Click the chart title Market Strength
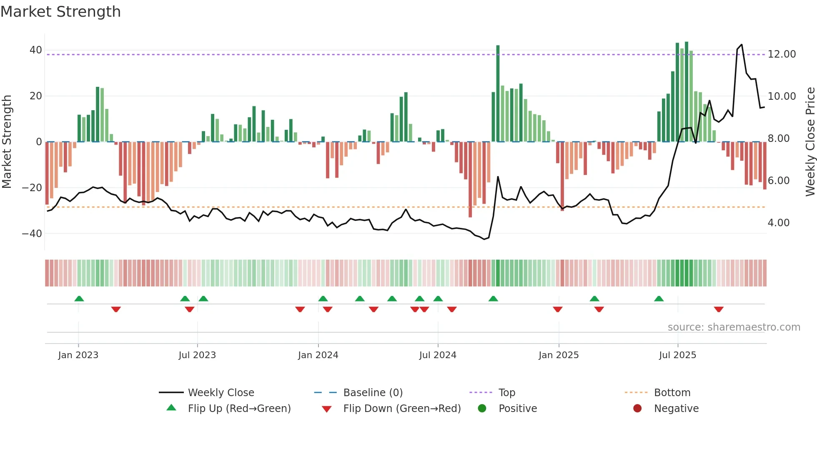click(60, 12)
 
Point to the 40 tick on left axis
click(35, 50)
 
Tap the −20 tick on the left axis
click(32, 188)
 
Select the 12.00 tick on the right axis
click(782, 54)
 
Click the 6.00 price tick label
click(779, 181)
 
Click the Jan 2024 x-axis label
click(318, 355)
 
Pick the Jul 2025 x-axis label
click(677, 355)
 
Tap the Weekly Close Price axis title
click(810, 142)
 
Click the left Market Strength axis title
click(7, 142)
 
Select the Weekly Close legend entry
click(221, 393)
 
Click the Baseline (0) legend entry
click(373, 393)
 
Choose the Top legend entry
click(506, 393)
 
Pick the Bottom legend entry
click(672, 393)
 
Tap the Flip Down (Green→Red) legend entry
click(402, 409)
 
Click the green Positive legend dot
click(482, 409)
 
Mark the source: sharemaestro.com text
click(734, 327)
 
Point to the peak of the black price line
click(742, 45)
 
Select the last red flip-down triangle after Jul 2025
click(718, 309)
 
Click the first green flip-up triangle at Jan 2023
click(79, 298)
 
